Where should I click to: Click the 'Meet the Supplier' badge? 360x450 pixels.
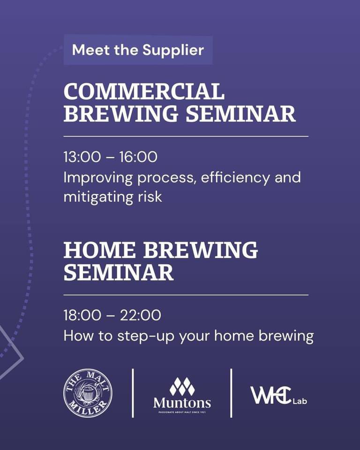138,50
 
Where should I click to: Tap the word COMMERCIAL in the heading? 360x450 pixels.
144,92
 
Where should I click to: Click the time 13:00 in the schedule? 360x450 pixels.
82,157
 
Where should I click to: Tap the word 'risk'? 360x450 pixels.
150,196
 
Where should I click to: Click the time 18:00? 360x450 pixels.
82,315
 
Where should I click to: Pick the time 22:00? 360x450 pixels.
140,315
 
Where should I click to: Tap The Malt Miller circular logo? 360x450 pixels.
88,393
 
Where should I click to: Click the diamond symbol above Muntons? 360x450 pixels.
182,386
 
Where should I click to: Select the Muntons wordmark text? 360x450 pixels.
182,403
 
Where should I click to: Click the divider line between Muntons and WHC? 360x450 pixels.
231,393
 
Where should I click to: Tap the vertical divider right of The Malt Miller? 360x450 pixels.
133,393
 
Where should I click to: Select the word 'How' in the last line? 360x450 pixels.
75,336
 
